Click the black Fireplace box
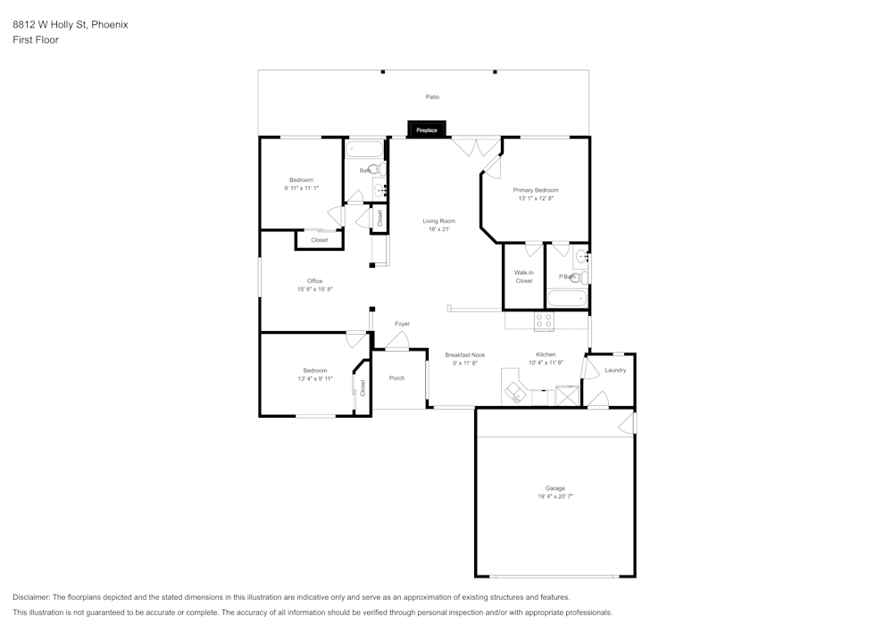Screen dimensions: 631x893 (x=426, y=130)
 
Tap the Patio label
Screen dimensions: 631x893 (x=432, y=96)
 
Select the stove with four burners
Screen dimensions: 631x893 (x=544, y=320)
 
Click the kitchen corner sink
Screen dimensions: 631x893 (x=515, y=392)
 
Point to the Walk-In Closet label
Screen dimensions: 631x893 (x=523, y=277)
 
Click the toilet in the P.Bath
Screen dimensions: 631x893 (x=578, y=278)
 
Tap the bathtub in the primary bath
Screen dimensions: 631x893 (x=566, y=299)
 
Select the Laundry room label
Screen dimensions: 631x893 (x=615, y=369)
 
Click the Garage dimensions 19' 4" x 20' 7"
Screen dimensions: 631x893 (x=555, y=495)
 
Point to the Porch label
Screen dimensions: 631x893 (x=397, y=378)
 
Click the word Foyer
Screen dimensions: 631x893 (x=403, y=323)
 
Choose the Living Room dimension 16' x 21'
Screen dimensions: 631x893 (x=439, y=229)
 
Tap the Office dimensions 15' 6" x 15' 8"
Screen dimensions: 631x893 (x=314, y=289)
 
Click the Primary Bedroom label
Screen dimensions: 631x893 (x=536, y=190)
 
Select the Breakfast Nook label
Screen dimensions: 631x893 (x=464, y=354)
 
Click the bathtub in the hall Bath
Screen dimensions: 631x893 (x=364, y=149)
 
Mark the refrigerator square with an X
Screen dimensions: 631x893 (x=567, y=395)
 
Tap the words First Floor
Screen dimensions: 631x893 (x=36, y=40)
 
